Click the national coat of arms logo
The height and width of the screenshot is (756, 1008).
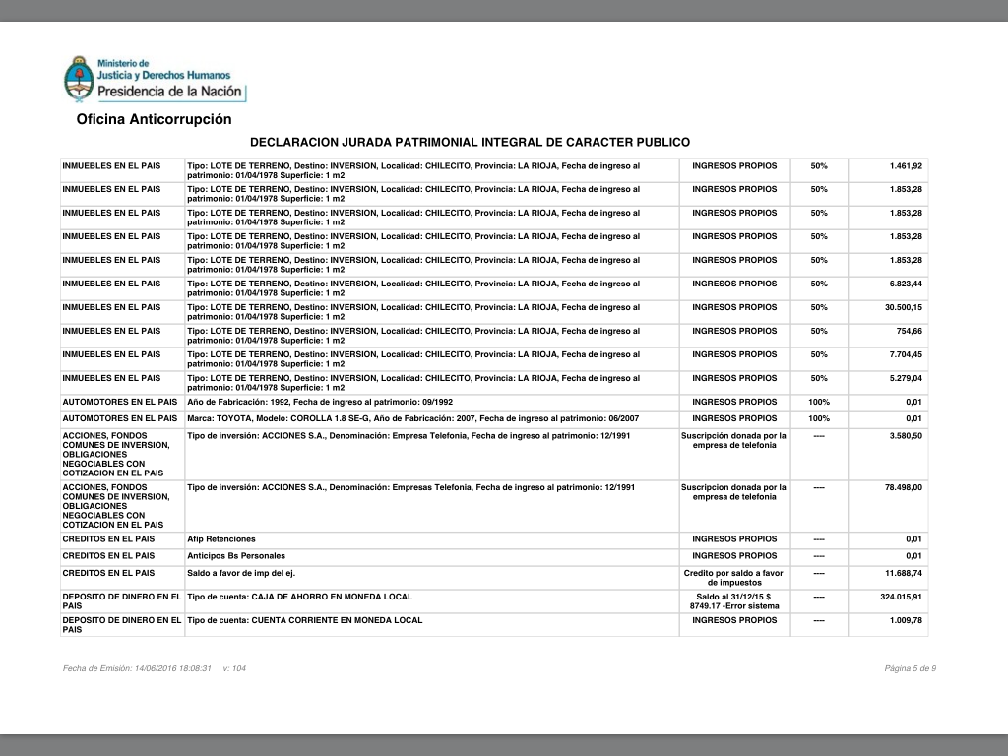coord(78,81)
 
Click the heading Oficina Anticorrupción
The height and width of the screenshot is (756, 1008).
coord(154,119)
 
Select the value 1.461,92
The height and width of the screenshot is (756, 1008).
coord(905,165)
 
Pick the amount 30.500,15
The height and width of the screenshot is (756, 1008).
coord(903,307)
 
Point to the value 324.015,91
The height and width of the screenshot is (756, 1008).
coord(901,597)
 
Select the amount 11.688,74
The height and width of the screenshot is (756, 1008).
coord(903,573)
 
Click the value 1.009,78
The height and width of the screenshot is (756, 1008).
coord(905,620)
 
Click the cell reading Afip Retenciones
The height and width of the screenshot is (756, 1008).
coord(221,539)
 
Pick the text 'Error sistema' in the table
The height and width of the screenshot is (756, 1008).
coord(751,606)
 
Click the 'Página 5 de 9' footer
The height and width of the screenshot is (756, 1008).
coord(910,669)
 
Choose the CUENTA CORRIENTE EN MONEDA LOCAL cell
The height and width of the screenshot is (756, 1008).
coord(305,620)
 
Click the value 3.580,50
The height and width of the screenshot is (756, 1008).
coord(905,435)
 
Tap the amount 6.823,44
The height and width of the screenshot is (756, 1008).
coord(905,283)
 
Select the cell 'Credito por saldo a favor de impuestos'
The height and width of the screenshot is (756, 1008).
coord(733,578)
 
